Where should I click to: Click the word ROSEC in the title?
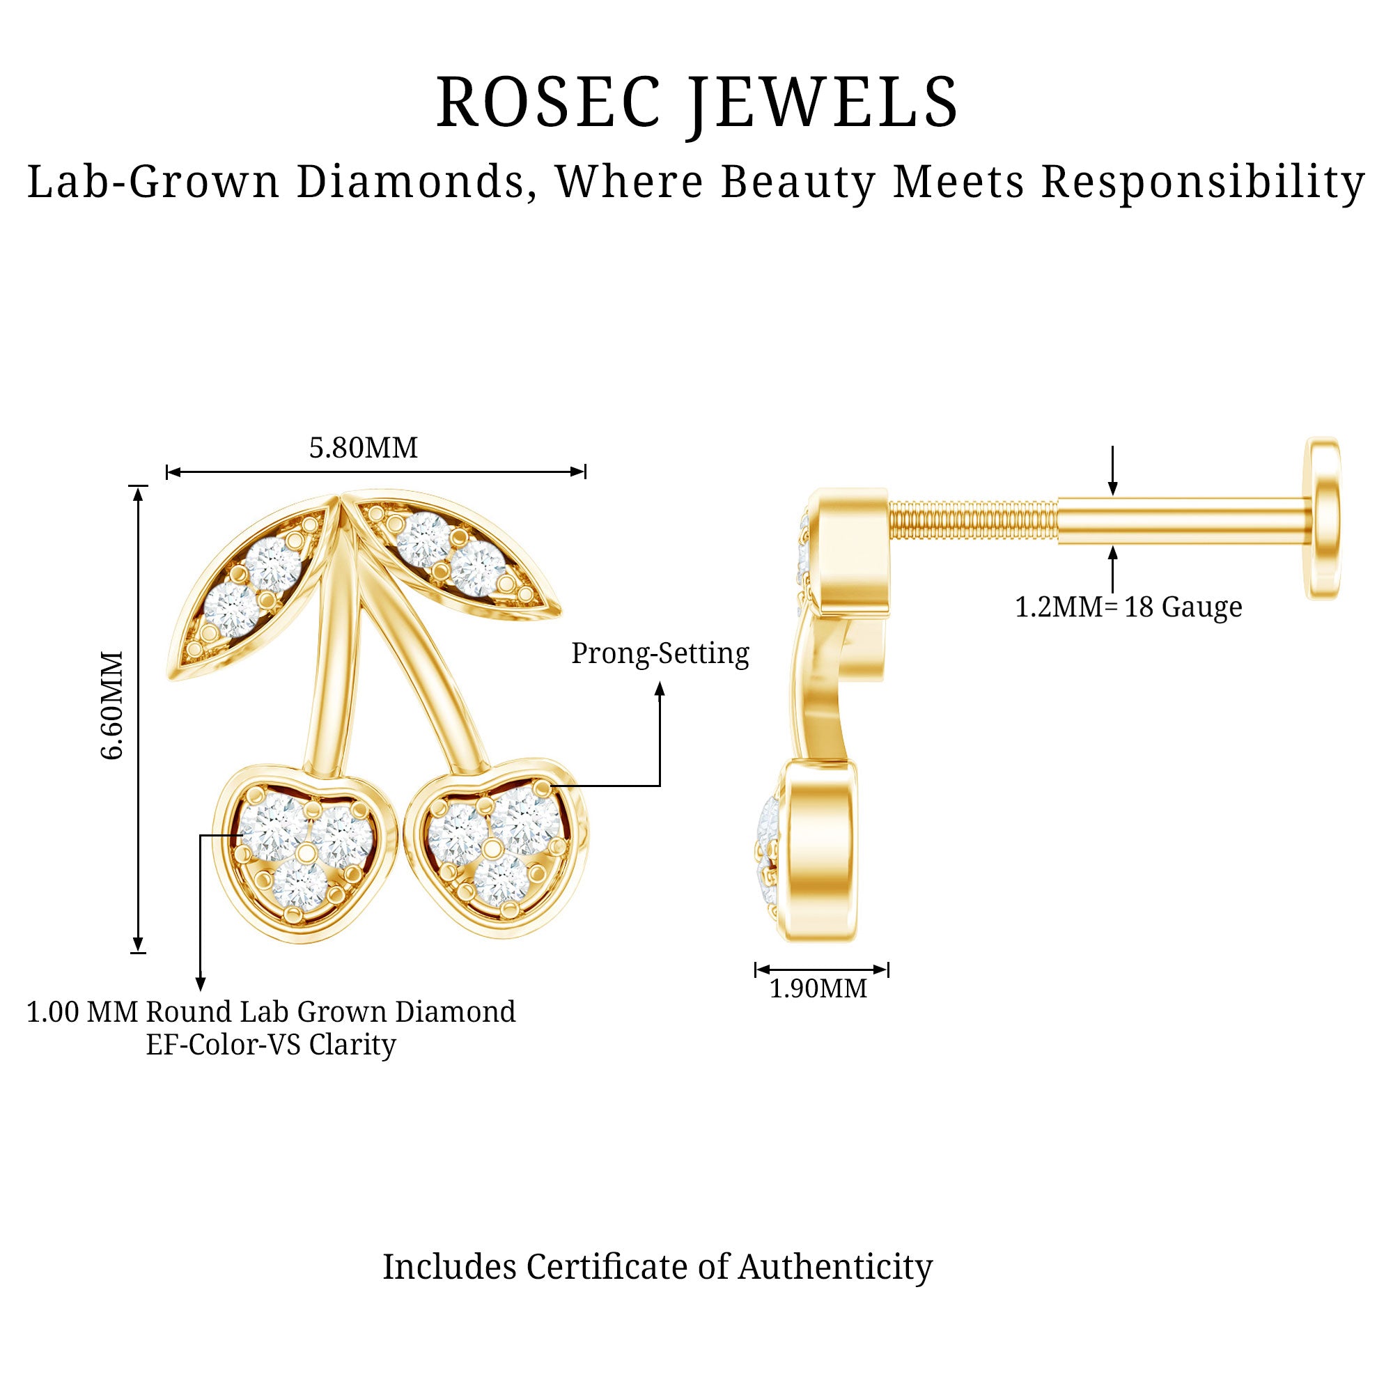pos(548,102)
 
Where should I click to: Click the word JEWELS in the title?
pos(823,102)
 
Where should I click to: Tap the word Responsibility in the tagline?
pos(1203,182)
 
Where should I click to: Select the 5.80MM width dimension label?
pos(364,448)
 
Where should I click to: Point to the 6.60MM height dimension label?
pos(114,705)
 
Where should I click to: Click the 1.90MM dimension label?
pos(818,988)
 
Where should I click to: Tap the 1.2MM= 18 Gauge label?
pos(1128,607)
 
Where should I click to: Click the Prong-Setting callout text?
pos(660,653)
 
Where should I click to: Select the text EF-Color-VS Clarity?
pos(271,1045)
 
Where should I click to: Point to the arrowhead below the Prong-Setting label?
pos(659,690)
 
